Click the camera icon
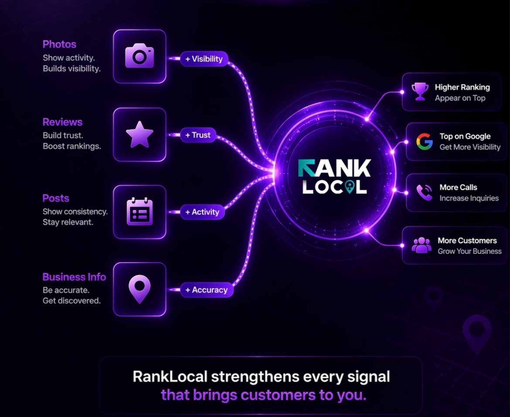tap(139, 56)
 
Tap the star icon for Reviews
tap(139, 135)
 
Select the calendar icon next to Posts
tap(139, 211)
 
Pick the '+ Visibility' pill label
tap(204, 59)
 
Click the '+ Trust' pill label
tap(198, 135)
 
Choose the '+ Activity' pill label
tap(202, 212)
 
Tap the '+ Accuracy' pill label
tap(207, 290)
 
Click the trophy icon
tap(420, 92)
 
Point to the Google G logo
tap(425, 142)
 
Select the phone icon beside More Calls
tap(425, 193)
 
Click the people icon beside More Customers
tap(421, 245)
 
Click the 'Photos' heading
tap(59, 44)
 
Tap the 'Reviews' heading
tap(62, 122)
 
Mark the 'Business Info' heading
tap(74, 277)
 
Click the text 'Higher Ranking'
tap(462, 87)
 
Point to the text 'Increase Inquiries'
tap(469, 198)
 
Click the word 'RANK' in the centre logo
tap(334, 168)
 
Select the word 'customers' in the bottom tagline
tap(278, 395)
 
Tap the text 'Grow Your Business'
tap(469, 251)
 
